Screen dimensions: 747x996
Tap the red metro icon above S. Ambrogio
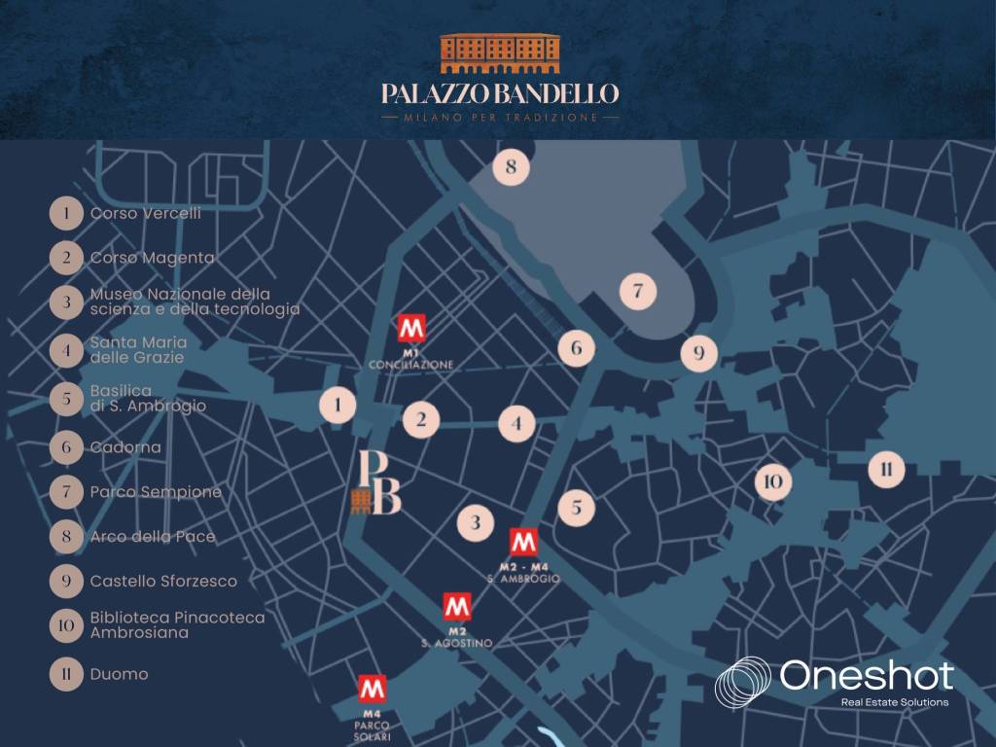coord(523,543)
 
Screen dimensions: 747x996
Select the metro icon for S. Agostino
coord(457,608)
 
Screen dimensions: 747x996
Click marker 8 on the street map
coord(511,168)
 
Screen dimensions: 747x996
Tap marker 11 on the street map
coord(885,470)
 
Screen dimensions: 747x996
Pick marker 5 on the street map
coord(576,506)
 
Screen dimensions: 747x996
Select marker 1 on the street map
coord(338,405)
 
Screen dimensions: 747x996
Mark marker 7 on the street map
coord(638,290)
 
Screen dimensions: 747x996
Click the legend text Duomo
coord(119,673)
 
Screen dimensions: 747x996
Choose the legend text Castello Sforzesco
coord(163,581)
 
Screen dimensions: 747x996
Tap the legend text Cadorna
coord(125,447)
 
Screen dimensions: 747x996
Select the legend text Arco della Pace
coord(153,536)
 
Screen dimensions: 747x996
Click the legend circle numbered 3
coord(66,302)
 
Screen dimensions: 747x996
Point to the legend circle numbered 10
coord(66,625)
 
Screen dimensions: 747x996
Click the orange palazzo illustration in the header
coord(500,54)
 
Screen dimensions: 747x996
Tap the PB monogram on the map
coord(377,482)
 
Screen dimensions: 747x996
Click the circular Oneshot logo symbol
coord(744,682)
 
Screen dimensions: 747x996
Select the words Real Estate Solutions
coord(894,701)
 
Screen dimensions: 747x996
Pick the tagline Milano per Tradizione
coord(500,118)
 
